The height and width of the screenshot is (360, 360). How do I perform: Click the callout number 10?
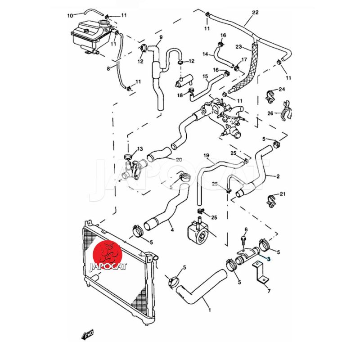tap(70, 16)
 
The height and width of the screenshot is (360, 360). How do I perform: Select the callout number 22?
tap(255, 12)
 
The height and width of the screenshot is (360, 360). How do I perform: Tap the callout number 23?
tap(239, 46)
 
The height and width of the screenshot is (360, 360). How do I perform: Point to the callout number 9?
tap(161, 37)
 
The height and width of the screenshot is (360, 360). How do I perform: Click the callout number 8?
tap(108, 68)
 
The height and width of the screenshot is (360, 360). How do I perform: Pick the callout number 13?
tap(139, 149)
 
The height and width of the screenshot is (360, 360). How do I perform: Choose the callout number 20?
tap(179, 160)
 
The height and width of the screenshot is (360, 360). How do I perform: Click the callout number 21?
tap(283, 194)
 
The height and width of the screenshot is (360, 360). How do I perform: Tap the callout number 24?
tap(282, 89)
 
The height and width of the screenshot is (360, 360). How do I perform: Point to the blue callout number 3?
tap(269, 259)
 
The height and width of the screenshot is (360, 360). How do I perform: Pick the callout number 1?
tap(209, 310)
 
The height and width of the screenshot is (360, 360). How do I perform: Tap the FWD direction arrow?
tap(87, 334)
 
